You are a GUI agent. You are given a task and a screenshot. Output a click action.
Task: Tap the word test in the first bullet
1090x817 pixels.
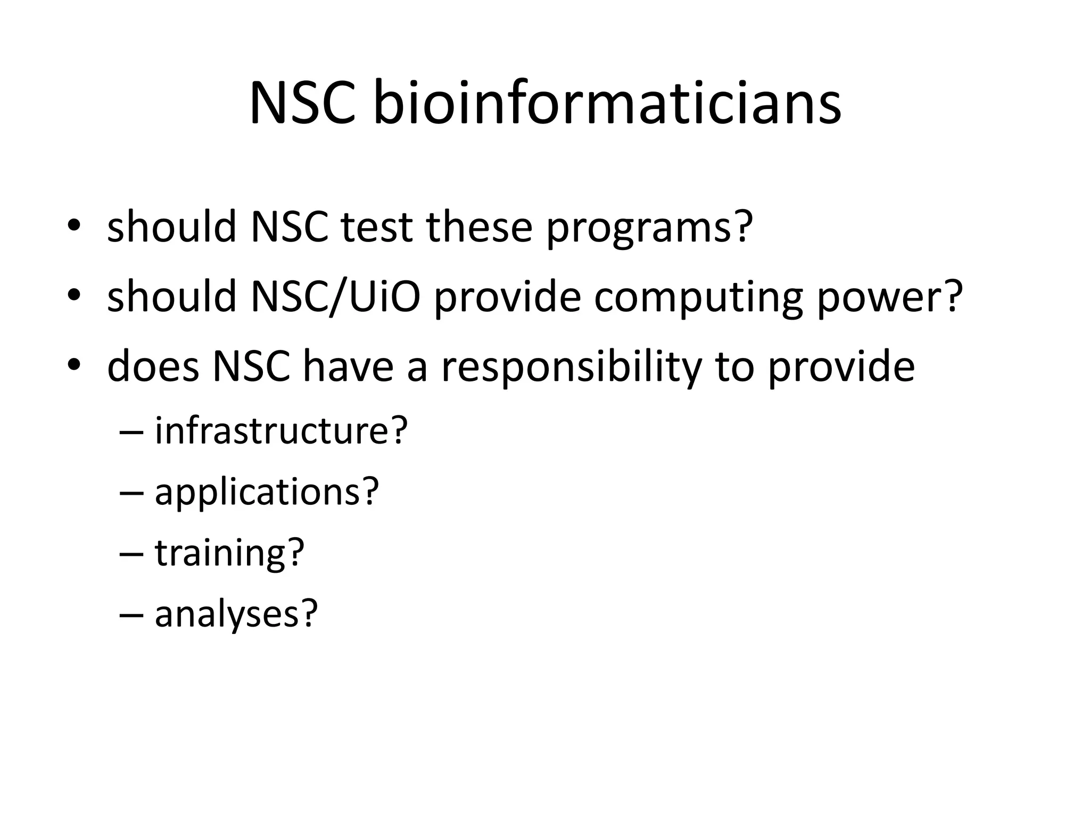[376, 227]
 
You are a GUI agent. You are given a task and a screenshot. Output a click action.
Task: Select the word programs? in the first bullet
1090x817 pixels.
[649, 227]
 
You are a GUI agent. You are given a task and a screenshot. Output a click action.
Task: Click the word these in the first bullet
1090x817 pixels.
[479, 227]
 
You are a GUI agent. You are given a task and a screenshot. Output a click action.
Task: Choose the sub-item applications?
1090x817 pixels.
[267, 491]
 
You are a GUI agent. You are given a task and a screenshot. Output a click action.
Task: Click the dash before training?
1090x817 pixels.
[131, 554]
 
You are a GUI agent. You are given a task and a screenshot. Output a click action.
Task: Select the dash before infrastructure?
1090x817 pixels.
[131, 431]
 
